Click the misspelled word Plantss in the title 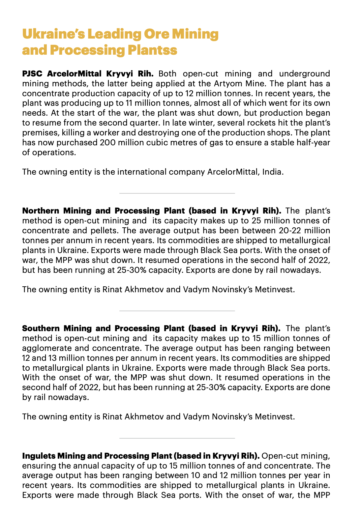tap(152, 50)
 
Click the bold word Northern tap(41, 211)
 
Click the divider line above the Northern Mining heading tap(177, 193)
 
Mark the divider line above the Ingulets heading tap(177, 438)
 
